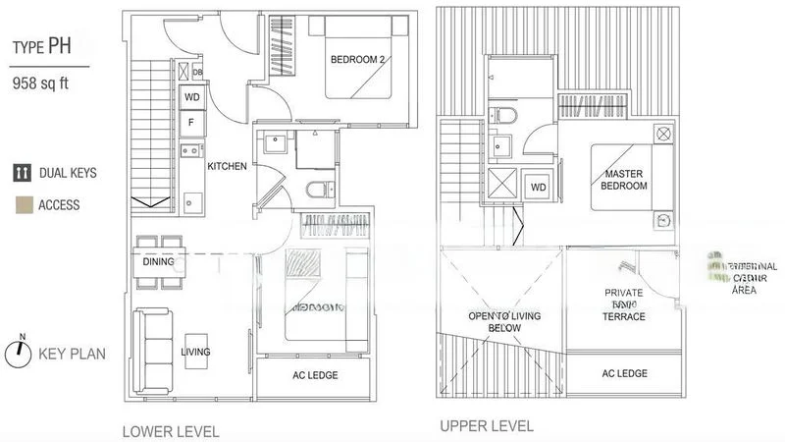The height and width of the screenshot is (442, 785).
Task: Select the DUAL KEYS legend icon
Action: [x=21, y=174]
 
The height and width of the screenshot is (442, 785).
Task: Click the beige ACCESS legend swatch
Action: [x=21, y=205]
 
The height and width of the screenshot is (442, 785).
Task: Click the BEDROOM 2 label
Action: [x=358, y=60]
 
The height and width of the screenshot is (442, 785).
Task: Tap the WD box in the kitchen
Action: [x=190, y=98]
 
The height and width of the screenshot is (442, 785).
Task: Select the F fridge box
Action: [x=190, y=123]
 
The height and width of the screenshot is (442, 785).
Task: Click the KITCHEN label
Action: [x=227, y=166]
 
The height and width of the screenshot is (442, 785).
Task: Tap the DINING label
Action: [x=158, y=262]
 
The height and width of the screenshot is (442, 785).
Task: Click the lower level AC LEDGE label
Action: [x=315, y=376]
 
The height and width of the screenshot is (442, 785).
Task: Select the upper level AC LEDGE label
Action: [x=624, y=373]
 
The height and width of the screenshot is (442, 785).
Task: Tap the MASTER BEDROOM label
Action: [x=624, y=180]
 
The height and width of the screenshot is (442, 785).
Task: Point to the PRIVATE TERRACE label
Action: [x=624, y=304]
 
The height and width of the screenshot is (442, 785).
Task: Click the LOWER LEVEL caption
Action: [x=170, y=430]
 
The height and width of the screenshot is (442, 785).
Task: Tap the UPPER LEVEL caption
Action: [x=487, y=426]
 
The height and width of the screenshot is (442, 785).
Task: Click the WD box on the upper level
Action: [x=539, y=187]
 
